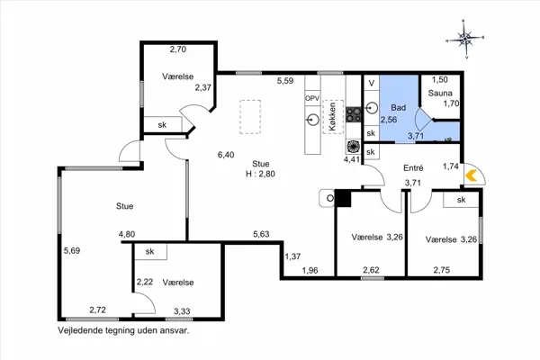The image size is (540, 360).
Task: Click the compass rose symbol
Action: (x=465, y=39)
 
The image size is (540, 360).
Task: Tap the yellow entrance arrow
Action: (x=471, y=175)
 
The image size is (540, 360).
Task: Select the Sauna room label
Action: (x=440, y=93)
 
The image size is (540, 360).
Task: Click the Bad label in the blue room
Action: (x=398, y=107)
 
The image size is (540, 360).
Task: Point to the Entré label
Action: (x=413, y=168)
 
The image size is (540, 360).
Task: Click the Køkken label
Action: (x=332, y=116)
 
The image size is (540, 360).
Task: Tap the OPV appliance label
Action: (x=312, y=98)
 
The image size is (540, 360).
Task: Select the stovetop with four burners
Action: (x=354, y=115)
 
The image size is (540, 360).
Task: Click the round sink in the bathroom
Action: (x=371, y=108)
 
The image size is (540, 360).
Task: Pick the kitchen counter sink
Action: (x=312, y=120)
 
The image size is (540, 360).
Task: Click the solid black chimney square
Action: (x=343, y=199)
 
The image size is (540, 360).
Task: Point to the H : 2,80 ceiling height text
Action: (x=260, y=174)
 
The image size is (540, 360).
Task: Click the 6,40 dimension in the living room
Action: (x=226, y=155)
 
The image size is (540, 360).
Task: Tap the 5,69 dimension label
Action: (x=72, y=250)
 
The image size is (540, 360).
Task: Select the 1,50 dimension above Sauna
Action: (x=440, y=79)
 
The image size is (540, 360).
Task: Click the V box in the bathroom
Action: (x=371, y=83)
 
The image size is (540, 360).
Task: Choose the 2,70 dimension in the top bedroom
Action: (x=178, y=49)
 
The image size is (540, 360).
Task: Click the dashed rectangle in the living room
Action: (x=250, y=117)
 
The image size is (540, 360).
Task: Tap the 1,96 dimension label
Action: (x=310, y=270)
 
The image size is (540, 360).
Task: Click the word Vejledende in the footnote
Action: (x=76, y=330)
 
